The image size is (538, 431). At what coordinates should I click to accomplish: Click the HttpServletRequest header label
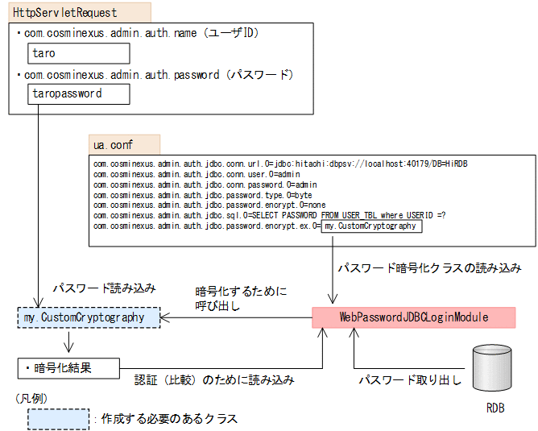pyautogui.click(x=64, y=12)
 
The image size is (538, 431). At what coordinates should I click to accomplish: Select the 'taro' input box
pyautogui.click(x=77, y=53)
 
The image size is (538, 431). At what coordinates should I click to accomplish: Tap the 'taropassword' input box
pyautogui.click(x=77, y=93)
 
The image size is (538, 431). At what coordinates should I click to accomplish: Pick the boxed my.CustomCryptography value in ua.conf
pyautogui.click(x=370, y=226)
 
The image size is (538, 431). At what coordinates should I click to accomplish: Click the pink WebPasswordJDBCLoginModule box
pyautogui.click(x=413, y=317)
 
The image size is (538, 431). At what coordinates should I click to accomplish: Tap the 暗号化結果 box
pyautogui.click(x=68, y=368)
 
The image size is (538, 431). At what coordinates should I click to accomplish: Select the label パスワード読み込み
pyautogui.click(x=105, y=288)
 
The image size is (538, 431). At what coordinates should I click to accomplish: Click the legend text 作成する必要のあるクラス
pyautogui.click(x=169, y=419)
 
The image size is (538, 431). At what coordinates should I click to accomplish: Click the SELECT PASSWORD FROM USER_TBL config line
pyautogui.click(x=269, y=215)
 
